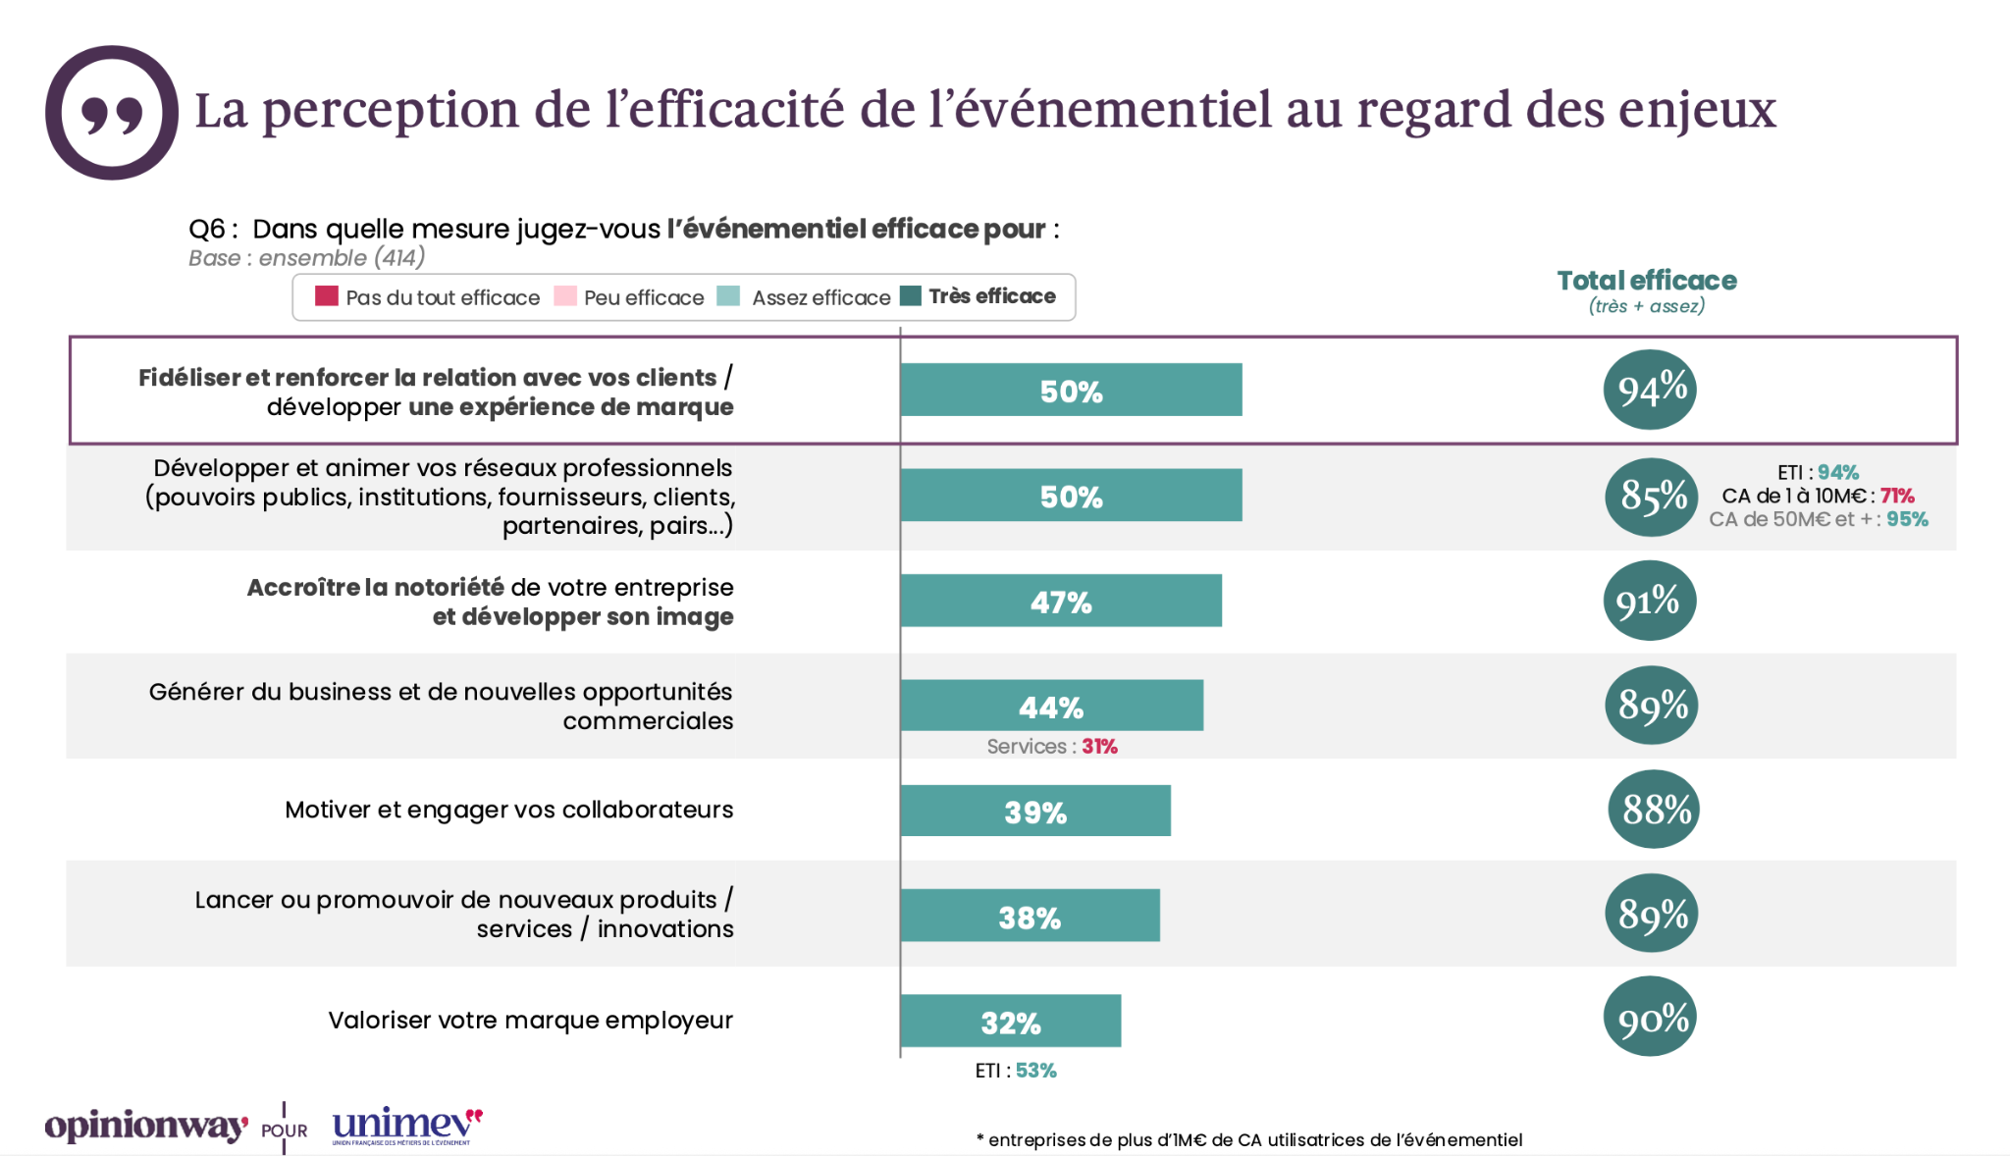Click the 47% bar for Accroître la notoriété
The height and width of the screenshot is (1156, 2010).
(x=1060, y=601)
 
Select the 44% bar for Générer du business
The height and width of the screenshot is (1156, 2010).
(x=1051, y=706)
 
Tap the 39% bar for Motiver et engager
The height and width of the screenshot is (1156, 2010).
(x=1034, y=811)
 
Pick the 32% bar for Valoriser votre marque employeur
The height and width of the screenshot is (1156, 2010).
(x=1010, y=1021)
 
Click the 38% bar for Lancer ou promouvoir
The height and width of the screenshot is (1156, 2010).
(x=1030, y=916)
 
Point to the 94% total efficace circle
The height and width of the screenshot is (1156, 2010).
(x=1650, y=390)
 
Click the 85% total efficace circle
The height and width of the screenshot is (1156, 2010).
(x=1652, y=497)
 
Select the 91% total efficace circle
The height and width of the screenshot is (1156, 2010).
(x=1650, y=601)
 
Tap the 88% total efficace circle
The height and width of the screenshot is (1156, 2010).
(x=1654, y=810)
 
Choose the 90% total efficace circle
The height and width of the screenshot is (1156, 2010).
(x=1651, y=1017)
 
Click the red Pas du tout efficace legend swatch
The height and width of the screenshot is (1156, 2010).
(x=327, y=296)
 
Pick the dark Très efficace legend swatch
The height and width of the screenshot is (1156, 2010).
(x=911, y=296)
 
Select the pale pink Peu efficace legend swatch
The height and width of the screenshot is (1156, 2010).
(x=565, y=296)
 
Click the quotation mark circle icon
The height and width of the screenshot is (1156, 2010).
(x=112, y=113)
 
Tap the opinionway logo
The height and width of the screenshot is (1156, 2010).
(x=145, y=1126)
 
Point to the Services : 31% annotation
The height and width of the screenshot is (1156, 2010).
(x=1051, y=747)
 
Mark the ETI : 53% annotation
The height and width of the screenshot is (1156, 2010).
(x=1015, y=1071)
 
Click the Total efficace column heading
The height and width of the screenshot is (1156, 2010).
(x=1646, y=282)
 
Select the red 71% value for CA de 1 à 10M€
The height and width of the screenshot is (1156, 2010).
(x=1897, y=496)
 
